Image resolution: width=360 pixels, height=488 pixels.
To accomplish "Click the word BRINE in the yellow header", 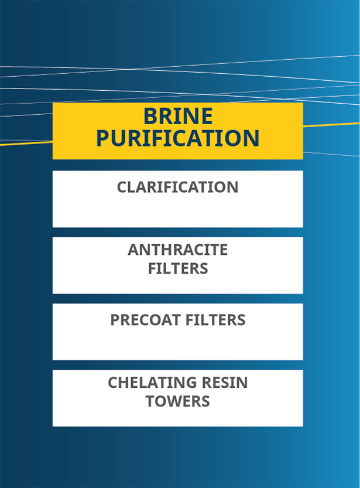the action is click(178, 116).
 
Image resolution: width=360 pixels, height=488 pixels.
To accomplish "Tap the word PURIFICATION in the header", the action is click(178, 138).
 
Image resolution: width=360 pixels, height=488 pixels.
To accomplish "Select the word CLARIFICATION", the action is click(177, 187).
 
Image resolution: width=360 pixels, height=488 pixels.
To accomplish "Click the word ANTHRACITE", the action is click(177, 250).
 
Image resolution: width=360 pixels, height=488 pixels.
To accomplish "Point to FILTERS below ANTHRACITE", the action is click(178, 268).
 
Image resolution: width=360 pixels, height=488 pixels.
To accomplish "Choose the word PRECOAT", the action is click(146, 320).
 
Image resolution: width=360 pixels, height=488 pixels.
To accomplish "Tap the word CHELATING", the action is click(152, 383).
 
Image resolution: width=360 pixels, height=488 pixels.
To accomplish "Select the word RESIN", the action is click(225, 383).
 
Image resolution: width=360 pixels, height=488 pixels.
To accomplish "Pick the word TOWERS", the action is click(177, 401).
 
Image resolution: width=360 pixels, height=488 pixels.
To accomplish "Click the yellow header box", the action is click(178, 131).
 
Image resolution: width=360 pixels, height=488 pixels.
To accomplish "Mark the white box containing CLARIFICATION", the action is click(178, 199).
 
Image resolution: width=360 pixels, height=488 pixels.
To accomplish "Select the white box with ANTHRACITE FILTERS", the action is click(178, 265).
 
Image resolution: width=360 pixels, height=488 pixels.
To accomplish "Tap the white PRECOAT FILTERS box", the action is click(178, 332).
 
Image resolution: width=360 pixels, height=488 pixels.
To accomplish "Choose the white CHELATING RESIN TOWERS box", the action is click(178, 398).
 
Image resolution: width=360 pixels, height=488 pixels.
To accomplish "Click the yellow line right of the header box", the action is click(331, 125).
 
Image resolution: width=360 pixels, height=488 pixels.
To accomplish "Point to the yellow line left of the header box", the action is click(26, 144).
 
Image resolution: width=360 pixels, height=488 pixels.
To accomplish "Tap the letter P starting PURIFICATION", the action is click(103, 138).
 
